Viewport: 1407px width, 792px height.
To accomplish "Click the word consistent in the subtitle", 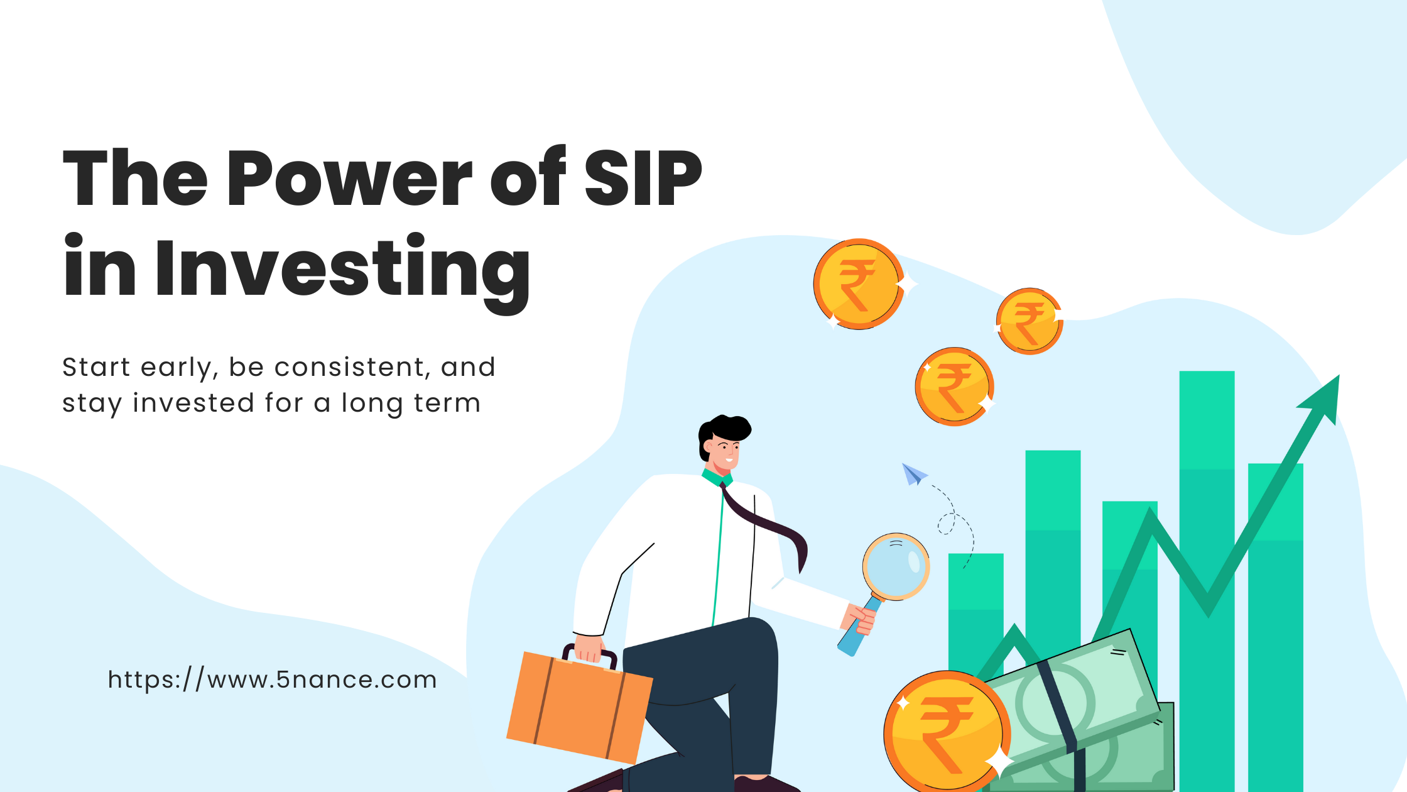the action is click(352, 367).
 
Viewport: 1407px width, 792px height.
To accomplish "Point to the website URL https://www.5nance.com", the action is click(272, 680).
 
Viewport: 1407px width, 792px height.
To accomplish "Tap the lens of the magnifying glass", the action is click(896, 566).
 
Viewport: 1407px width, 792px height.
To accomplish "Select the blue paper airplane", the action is click(914, 474).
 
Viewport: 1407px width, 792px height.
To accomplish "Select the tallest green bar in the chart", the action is click(1207, 581).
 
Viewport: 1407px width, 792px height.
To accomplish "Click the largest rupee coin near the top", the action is click(859, 284).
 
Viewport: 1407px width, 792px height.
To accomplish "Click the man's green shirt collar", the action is click(717, 478).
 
